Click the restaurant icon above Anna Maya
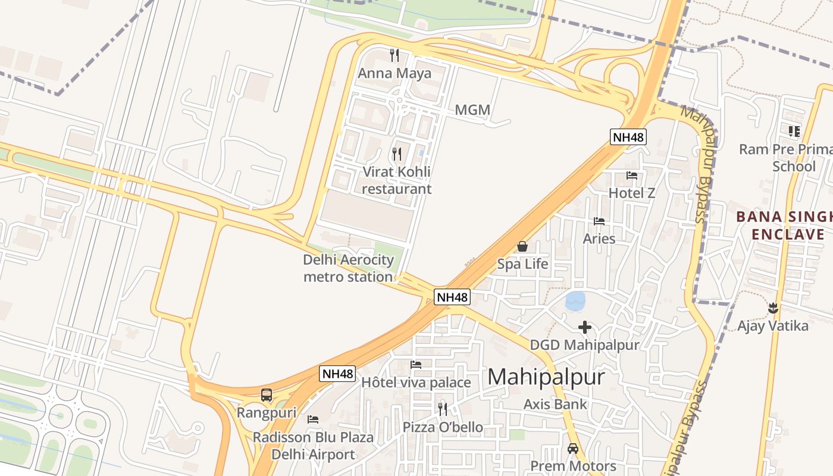click(394, 55)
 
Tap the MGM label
click(472, 110)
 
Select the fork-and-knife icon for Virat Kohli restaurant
click(397, 154)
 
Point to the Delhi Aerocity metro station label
click(349, 268)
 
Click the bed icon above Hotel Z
click(632, 176)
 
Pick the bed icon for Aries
click(599, 221)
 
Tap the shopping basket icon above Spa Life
click(522, 246)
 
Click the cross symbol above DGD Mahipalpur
click(585, 327)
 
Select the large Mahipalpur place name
click(546, 377)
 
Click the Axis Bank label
click(555, 405)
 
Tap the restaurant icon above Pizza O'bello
click(443, 409)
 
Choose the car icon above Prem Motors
click(573, 449)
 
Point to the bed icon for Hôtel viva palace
click(416, 365)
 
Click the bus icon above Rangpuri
click(267, 395)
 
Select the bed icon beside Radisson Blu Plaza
click(313, 419)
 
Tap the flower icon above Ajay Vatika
click(773, 308)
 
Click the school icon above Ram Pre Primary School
click(794, 131)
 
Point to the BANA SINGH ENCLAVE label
click(784, 225)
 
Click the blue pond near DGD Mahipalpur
click(575, 301)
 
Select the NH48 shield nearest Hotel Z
click(628, 137)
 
